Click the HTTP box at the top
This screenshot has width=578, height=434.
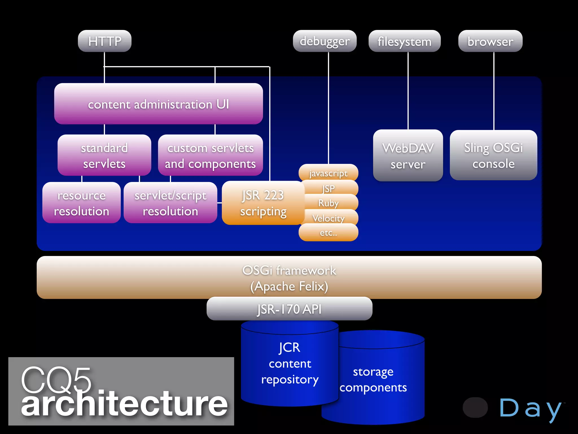pos(104,41)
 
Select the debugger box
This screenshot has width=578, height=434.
pos(325,41)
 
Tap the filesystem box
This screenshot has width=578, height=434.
pos(404,41)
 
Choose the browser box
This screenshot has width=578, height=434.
pos(490,41)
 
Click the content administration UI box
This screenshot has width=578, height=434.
pos(158,104)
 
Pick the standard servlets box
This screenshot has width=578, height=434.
pos(104,155)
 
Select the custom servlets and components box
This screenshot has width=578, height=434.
pos(210,155)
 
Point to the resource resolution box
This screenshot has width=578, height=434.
pos(81,203)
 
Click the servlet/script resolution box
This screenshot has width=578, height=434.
pos(170,203)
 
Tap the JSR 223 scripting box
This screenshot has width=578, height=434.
pos(263,203)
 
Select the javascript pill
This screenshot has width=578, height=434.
pos(328,173)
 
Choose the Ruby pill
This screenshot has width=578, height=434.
pos(328,203)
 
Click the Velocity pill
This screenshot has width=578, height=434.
pos(328,218)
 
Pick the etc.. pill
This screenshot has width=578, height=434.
pos(328,233)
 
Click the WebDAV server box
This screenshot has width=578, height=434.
pos(408,155)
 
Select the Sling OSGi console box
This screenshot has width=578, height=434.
pos(493,155)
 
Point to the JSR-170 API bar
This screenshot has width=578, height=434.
pos(289,309)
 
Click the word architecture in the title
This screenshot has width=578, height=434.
pos(124,404)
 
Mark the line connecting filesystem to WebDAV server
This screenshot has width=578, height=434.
pos(408,90)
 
